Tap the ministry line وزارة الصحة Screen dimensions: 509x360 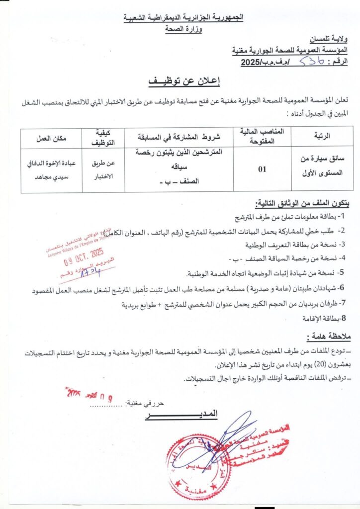(187, 28)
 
